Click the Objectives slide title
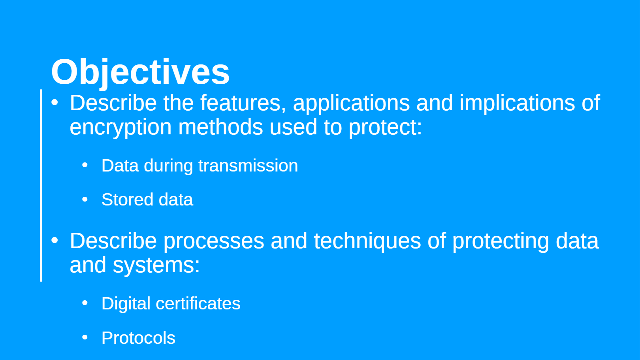click(140, 72)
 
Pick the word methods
click(220, 127)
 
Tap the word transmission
click(248, 166)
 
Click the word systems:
click(156, 266)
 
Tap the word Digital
click(126, 304)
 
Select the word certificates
click(198, 303)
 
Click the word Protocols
click(138, 338)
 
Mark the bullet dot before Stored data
click(85, 199)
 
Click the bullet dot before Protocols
click(85, 337)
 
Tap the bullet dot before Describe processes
click(55, 241)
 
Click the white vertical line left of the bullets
click(41, 185)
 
